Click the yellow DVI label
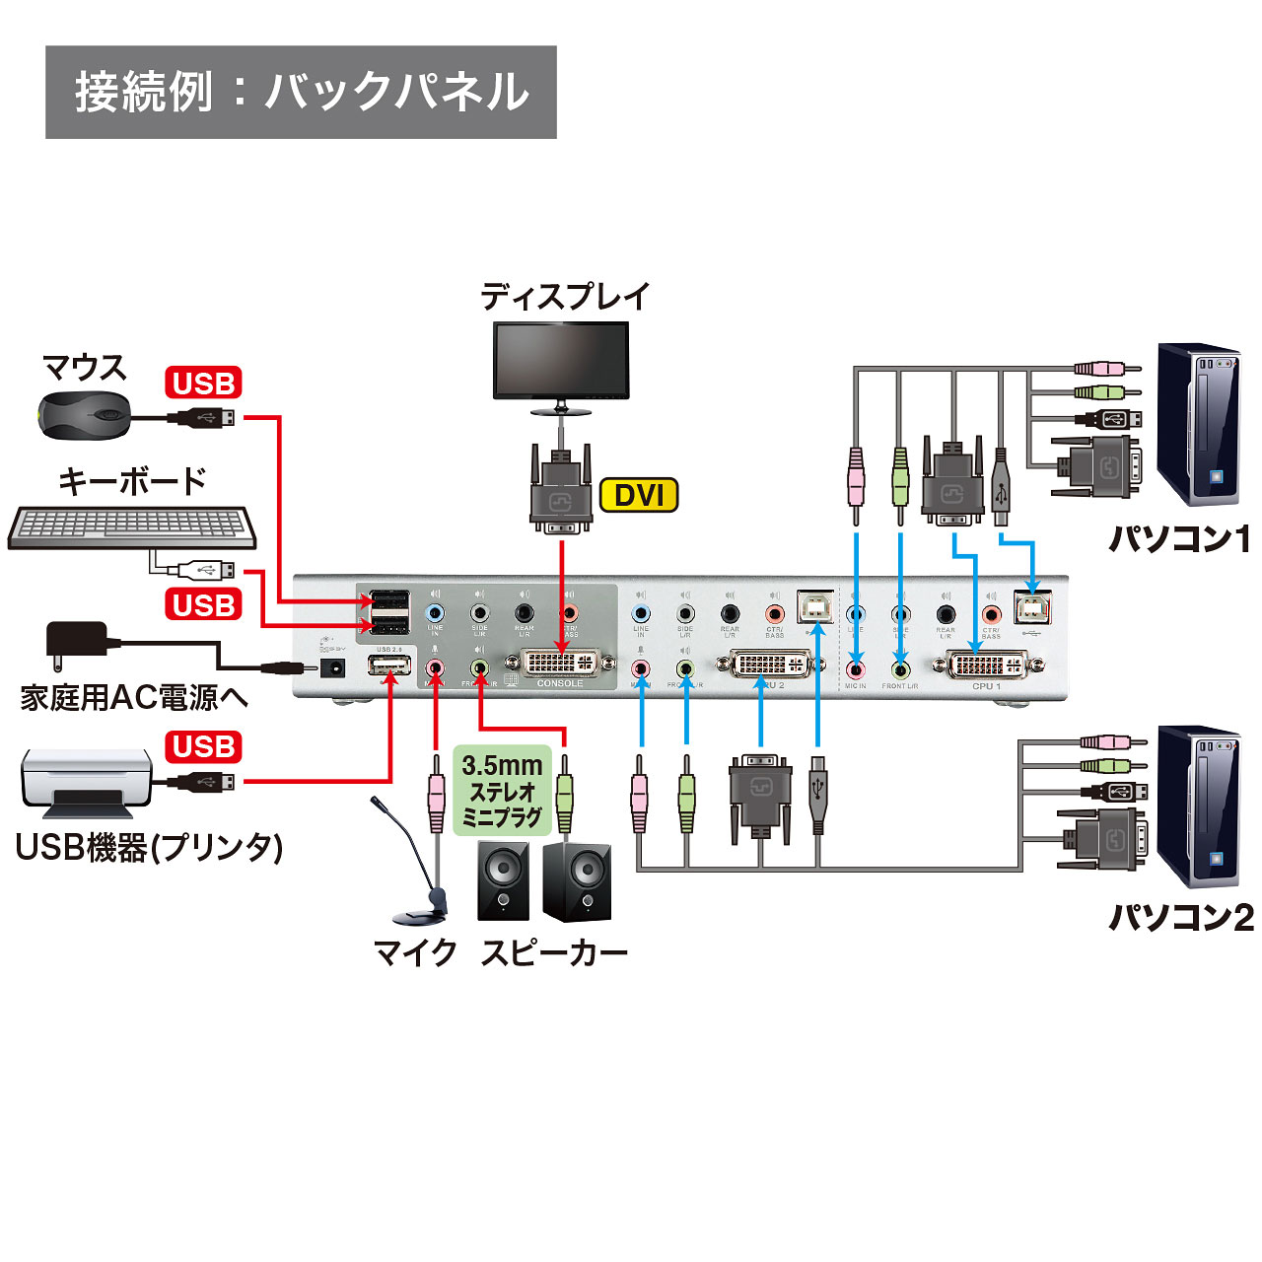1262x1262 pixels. pyautogui.click(x=639, y=495)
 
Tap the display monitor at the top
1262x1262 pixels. pyautogui.click(x=560, y=361)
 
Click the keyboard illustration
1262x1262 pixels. pyautogui.click(x=132, y=527)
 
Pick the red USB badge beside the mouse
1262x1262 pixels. pyautogui.click(x=203, y=383)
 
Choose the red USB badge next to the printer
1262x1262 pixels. pyautogui.click(x=203, y=746)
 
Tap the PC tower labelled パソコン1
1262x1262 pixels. pyautogui.click(x=1197, y=424)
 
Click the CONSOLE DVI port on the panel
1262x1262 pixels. pyautogui.click(x=559, y=663)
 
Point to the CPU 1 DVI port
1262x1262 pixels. pyautogui.click(x=986, y=665)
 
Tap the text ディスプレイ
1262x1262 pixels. pyautogui.click(x=565, y=296)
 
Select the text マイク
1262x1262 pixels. pyautogui.click(x=415, y=952)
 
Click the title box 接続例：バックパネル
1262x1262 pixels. pyautogui.click(x=301, y=92)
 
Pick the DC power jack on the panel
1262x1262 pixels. pyautogui.click(x=332, y=667)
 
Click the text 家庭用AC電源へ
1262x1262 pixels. pyautogui.click(x=134, y=698)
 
